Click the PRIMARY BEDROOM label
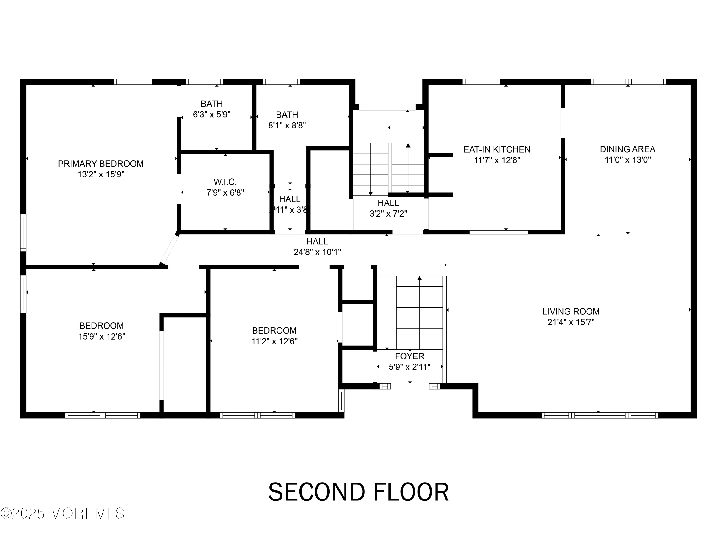click(x=100, y=164)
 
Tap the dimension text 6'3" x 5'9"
click(x=212, y=115)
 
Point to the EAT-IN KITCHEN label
click(x=497, y=149)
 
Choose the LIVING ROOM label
click(x=571, y=311)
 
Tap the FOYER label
click(x=409, y=356)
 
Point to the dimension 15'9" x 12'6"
click(x=102, y=336)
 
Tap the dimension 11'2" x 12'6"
click(x=274, y=341)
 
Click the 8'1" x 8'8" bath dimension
click(x=287, y=126)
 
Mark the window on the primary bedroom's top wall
click(x=133, y=82)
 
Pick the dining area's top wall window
click(x=628, y=82)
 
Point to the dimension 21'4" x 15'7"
click(x=571, y=322)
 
